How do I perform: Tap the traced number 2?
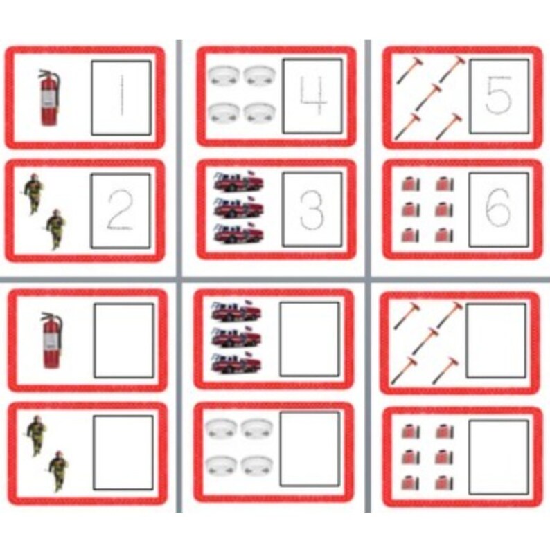pos(120,210)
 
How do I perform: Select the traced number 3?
pos(312,209)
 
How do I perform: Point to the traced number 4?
pos(312,95)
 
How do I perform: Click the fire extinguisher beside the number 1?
pos(47,97)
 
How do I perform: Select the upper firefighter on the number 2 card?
pos(33,194)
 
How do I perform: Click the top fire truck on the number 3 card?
pos(237,183)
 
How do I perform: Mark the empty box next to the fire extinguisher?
pos(123,340)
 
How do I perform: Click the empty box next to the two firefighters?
pos(123,452)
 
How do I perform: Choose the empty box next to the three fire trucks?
pos(310,339)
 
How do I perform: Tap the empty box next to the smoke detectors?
pos(310,449)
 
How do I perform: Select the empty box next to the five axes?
pos(496,340)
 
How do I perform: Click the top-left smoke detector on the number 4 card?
pos(222,75)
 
